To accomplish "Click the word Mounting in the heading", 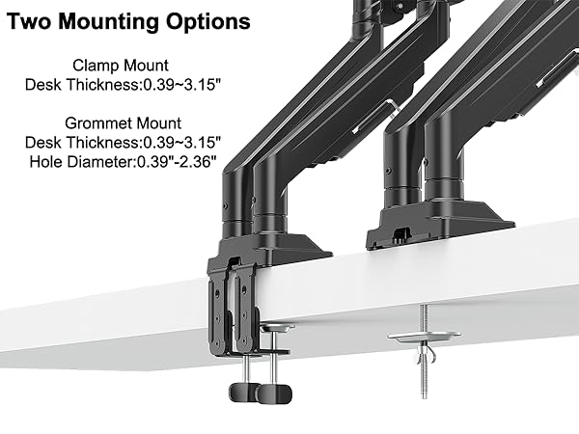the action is click(x=107, y=22).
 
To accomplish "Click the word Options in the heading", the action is click(x=207, y=21).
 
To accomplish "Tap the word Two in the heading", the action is click(x=29, y=21).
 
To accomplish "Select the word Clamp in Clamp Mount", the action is click(x=96, y=66).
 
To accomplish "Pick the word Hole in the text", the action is click(x=43, y=162).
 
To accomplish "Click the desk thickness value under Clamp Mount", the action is click(x=181, y=85).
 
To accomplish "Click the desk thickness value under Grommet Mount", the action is click(x=181, y=143).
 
